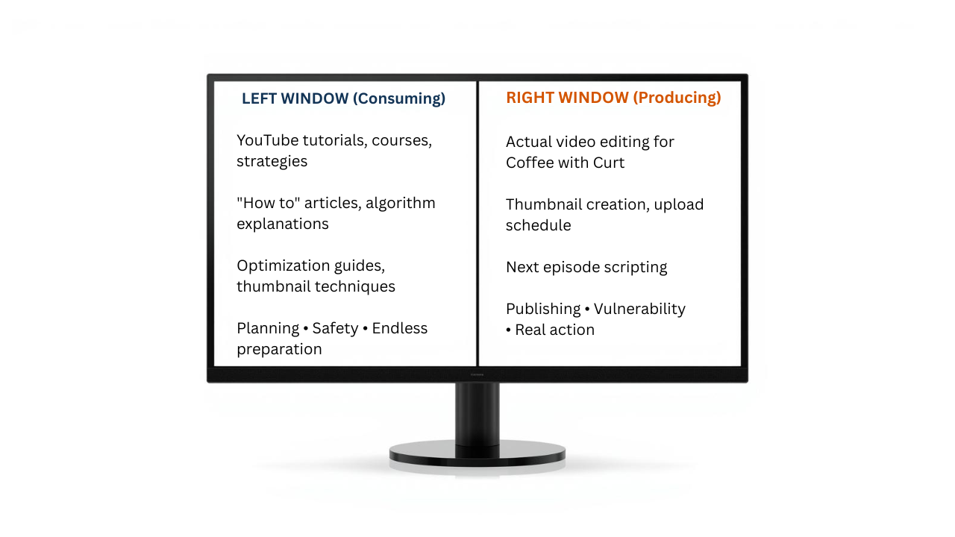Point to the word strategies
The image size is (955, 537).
point(272,161)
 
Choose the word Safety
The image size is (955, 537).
point(335,328)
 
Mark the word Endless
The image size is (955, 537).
point(399,328)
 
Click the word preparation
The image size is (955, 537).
point(279,349)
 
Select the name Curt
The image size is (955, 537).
point(609,163)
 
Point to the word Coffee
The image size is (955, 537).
point(530,163)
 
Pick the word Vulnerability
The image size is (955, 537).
point(639,309)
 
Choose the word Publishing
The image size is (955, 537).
point(543,309)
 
